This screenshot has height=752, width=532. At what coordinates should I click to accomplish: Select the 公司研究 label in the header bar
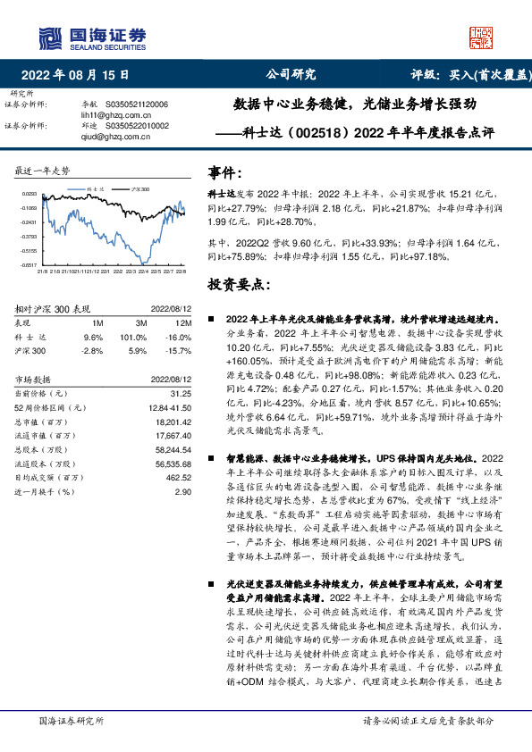coord(291,75)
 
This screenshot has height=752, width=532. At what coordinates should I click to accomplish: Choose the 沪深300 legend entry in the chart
coord(138,189)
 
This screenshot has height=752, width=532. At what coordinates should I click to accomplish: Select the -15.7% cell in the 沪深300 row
coord(179,352)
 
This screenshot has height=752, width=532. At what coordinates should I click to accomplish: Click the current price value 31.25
coord(181,393)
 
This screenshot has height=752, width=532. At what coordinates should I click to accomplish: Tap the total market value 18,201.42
coord(173,422)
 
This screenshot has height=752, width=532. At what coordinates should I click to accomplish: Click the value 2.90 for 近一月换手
coord(183,491)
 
